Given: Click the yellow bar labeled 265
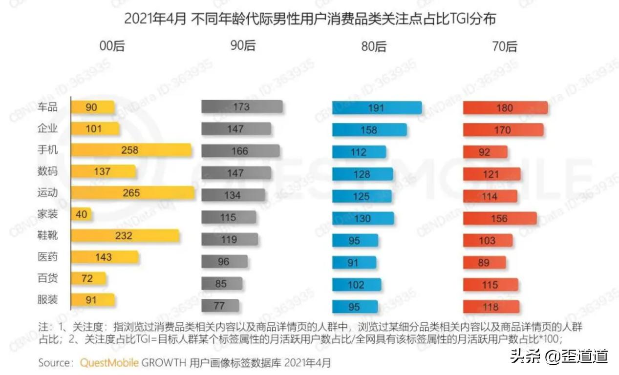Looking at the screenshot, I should pyautogui.click(x=132, y=193).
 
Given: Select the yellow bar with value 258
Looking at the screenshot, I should pyautogui.click(x=131, y=150).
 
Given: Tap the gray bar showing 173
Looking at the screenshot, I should pyautogui.click(x=242, y=107).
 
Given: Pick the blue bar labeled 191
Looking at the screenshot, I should pyautogui.click(x=377, y=108).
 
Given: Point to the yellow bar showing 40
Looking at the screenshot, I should pyautogui.click(x=82, y=214).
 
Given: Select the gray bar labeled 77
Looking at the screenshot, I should pyautogui.click(x=220, y=306).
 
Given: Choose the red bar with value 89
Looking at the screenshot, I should pyautogui.click(x=484, y=263).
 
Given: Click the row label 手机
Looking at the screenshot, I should pyautogui.click(x=47, y=150).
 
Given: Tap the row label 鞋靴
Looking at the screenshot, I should pyautogui.click(x=47, y=235).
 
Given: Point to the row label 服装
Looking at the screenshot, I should pyautogui.click(x=47, y=299).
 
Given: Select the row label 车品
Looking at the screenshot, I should pyautogui.click(x=47, y=107).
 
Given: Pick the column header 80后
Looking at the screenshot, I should pyautogui.click(x=373, y=46).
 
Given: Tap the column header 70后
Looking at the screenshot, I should pyautogui.click(x=504, y=46).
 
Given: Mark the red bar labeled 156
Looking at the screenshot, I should pyautogui.click(x=500, y=219).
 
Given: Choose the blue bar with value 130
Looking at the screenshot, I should pyautogui.click(x=363, y=219).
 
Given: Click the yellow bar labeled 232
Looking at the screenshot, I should pyautogui.click(x=125, y=236).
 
